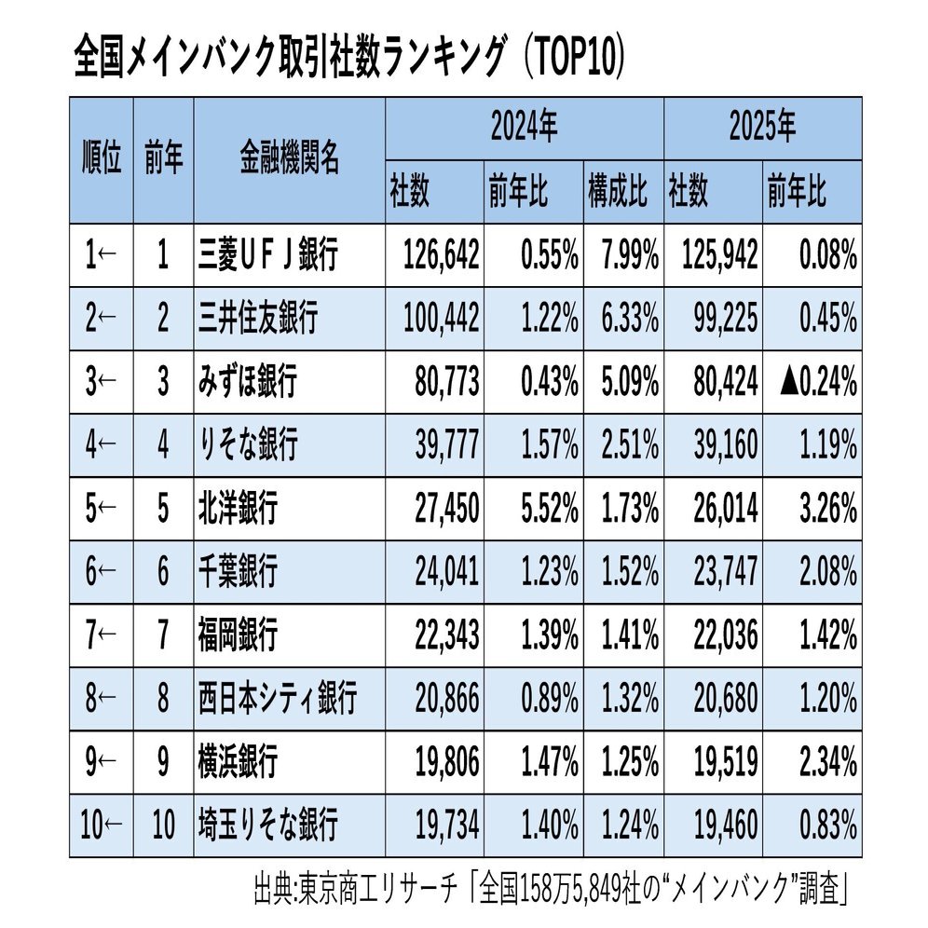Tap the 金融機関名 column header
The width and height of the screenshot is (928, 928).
[288, 160]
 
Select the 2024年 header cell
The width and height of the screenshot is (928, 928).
[524, 128]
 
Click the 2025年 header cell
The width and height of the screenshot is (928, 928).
[761, 128]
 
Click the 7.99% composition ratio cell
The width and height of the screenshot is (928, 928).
[623, 255]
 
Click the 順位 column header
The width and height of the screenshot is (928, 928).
[102, 160]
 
